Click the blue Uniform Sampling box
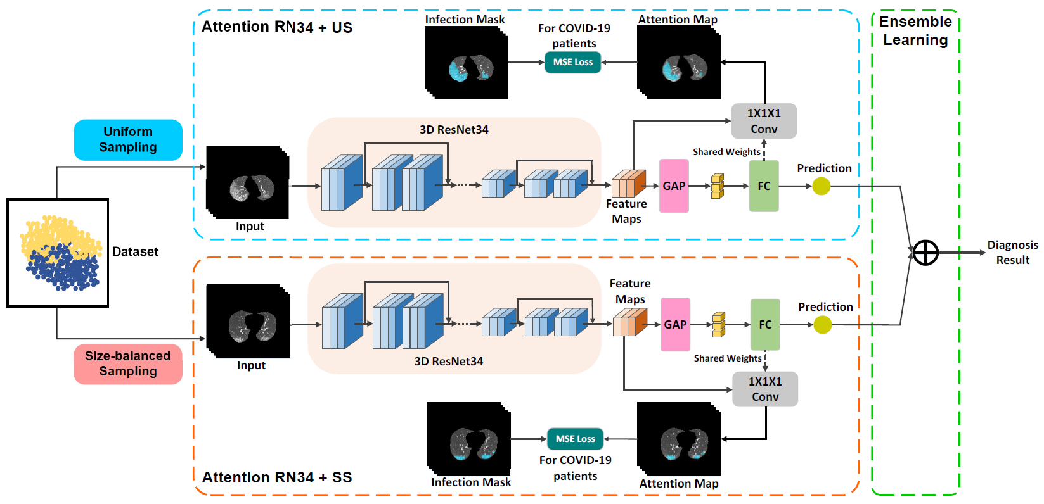tap(128, 139)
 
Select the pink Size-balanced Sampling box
tap(128, 364)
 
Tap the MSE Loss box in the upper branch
tap(573, 62)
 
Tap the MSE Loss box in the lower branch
tap(575, 439)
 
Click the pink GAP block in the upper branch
tap(674, 186)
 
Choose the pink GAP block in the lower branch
tap(675, 324)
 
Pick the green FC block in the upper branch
tap(764, 186)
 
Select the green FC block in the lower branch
tap(765, 324)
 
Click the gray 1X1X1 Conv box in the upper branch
tap(764, 121)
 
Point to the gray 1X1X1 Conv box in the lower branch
tap(765, 389)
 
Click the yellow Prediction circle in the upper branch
tap(822, 186)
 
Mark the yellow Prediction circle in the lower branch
tap(823, 325)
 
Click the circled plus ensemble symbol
tap(925, 253)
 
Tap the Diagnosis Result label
tap(1013, 252)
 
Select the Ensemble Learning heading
tap(915, 31)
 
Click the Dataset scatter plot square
tap(58, 253)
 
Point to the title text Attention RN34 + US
tap(277, 27)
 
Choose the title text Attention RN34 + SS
tap(277, 477)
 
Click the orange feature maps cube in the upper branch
tap(629, 184)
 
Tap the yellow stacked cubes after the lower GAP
tap(719, 324)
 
